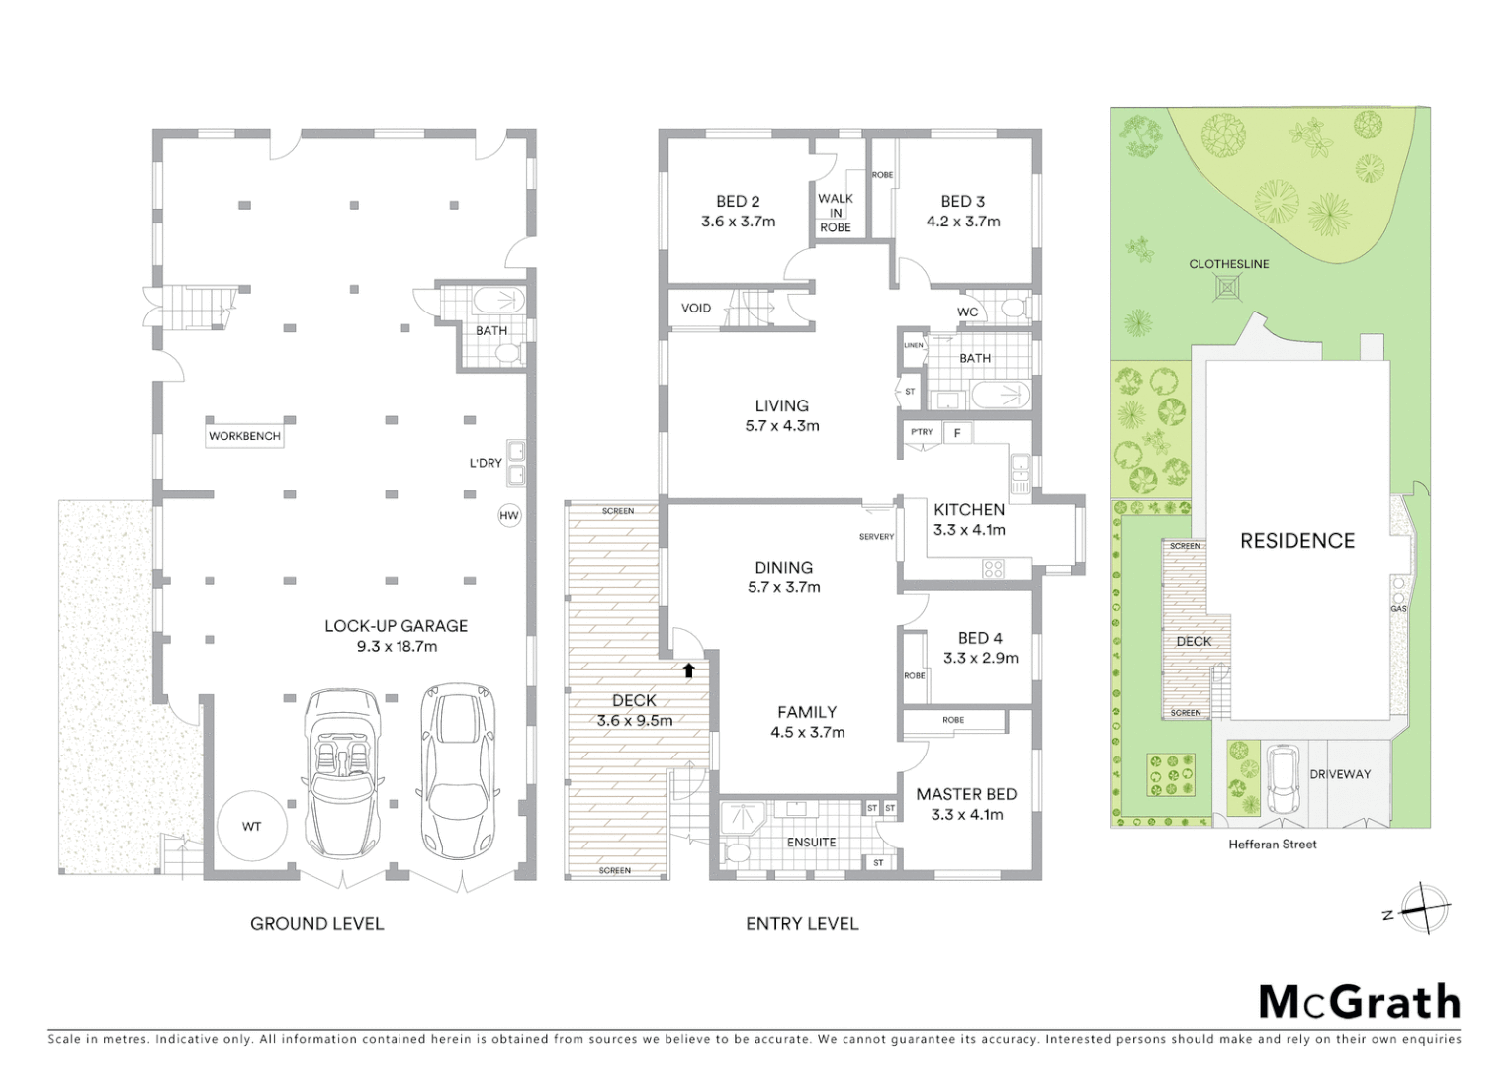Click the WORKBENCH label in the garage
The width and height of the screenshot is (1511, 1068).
[244, 436]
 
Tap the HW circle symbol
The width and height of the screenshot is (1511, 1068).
[509, 516]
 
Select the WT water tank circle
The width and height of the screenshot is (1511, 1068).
[252, 826]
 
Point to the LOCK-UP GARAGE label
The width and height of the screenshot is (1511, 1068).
[396, 626]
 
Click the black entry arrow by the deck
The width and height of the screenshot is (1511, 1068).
[689, 669]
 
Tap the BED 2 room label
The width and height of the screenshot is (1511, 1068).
[738, 202]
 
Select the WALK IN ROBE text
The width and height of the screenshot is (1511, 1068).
[836, 213]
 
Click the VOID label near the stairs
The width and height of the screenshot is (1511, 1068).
[696, 308]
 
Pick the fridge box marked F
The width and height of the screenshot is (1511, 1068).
[957, 432]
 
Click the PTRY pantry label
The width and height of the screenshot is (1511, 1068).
[922, 432]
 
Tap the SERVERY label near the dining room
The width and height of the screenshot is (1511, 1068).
[876, 537]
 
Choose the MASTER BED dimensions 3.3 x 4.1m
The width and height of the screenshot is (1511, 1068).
[967, 815]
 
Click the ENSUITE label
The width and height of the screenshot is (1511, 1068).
[811, 843]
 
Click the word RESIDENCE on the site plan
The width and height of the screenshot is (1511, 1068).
[1297, 541]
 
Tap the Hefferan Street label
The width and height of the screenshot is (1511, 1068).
[1273, 845]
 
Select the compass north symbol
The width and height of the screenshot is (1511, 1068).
[1424, 908]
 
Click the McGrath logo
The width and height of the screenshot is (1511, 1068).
[1359, 1002]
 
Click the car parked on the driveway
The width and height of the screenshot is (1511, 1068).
[1283, 779]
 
